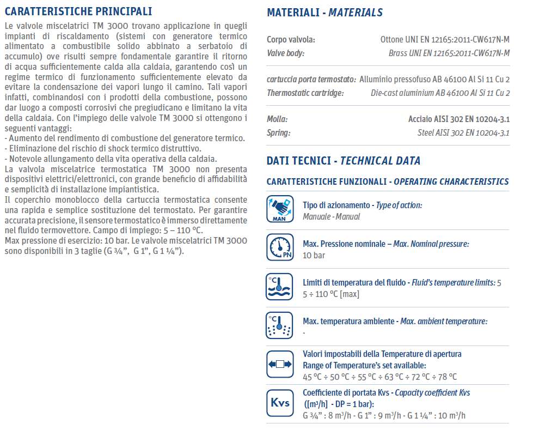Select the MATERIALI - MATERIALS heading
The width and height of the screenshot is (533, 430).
324,13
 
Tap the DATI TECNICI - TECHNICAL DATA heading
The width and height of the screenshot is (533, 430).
344,161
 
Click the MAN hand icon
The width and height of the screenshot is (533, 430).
280,209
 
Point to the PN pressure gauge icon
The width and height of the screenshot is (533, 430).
280,247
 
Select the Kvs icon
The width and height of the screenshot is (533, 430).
280,403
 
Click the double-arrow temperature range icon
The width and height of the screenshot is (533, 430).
280,364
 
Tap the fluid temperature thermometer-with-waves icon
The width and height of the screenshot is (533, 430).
280,287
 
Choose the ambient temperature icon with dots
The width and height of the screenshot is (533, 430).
280,326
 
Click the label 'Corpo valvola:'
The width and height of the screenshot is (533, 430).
291,40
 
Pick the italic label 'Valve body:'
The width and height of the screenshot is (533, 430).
285,53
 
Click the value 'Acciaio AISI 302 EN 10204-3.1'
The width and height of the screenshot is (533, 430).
459,119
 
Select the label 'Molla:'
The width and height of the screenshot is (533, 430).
277,119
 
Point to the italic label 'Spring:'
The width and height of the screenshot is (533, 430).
278,132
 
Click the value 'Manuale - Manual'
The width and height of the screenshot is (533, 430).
331,216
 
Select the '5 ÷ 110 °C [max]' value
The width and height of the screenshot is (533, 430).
330,294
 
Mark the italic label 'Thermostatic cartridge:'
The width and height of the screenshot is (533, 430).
305,93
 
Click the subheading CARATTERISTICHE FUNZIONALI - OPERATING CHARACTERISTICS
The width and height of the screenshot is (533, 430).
388,182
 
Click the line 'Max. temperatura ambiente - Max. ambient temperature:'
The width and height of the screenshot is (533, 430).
395,322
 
